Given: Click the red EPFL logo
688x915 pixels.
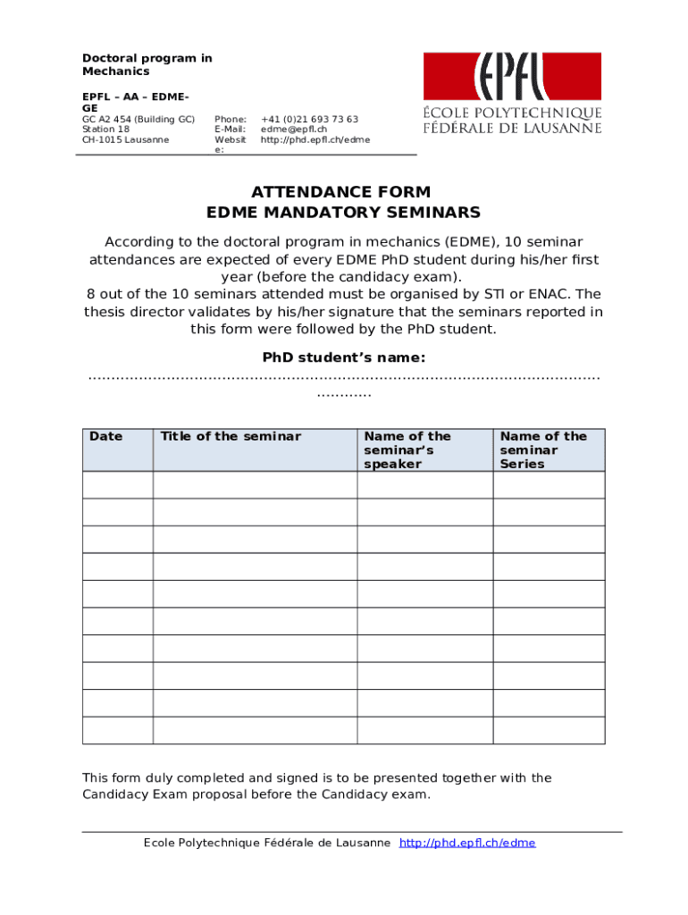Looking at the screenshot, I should pos(512,77).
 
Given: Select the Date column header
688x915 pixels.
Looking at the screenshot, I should pos(106,437).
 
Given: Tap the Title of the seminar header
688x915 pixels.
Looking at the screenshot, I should pos(231,437).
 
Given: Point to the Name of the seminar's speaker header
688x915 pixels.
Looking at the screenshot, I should pos(407,450).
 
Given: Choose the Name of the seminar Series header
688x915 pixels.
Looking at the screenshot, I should pos(543,450).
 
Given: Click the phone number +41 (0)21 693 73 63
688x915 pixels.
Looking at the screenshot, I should pos(309,119).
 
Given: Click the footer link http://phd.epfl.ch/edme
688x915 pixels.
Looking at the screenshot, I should pos(467,843).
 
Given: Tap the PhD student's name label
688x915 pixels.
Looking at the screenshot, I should pos(344,357).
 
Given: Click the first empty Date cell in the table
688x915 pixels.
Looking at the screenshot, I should pos(118,484).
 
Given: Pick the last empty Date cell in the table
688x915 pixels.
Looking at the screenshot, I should pos(118,730).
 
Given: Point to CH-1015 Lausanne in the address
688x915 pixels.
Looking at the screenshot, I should pos(125,140).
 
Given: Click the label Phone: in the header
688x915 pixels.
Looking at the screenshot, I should pos(230,119).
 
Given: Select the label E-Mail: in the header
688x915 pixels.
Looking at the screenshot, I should pos(230,130).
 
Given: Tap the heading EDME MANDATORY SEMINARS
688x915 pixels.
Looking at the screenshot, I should pos(343,213).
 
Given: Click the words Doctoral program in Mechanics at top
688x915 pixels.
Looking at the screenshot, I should pos(147,64).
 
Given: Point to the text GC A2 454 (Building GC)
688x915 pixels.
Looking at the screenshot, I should pos(138,119).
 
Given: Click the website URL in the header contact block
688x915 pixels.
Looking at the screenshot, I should pos(315,140).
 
